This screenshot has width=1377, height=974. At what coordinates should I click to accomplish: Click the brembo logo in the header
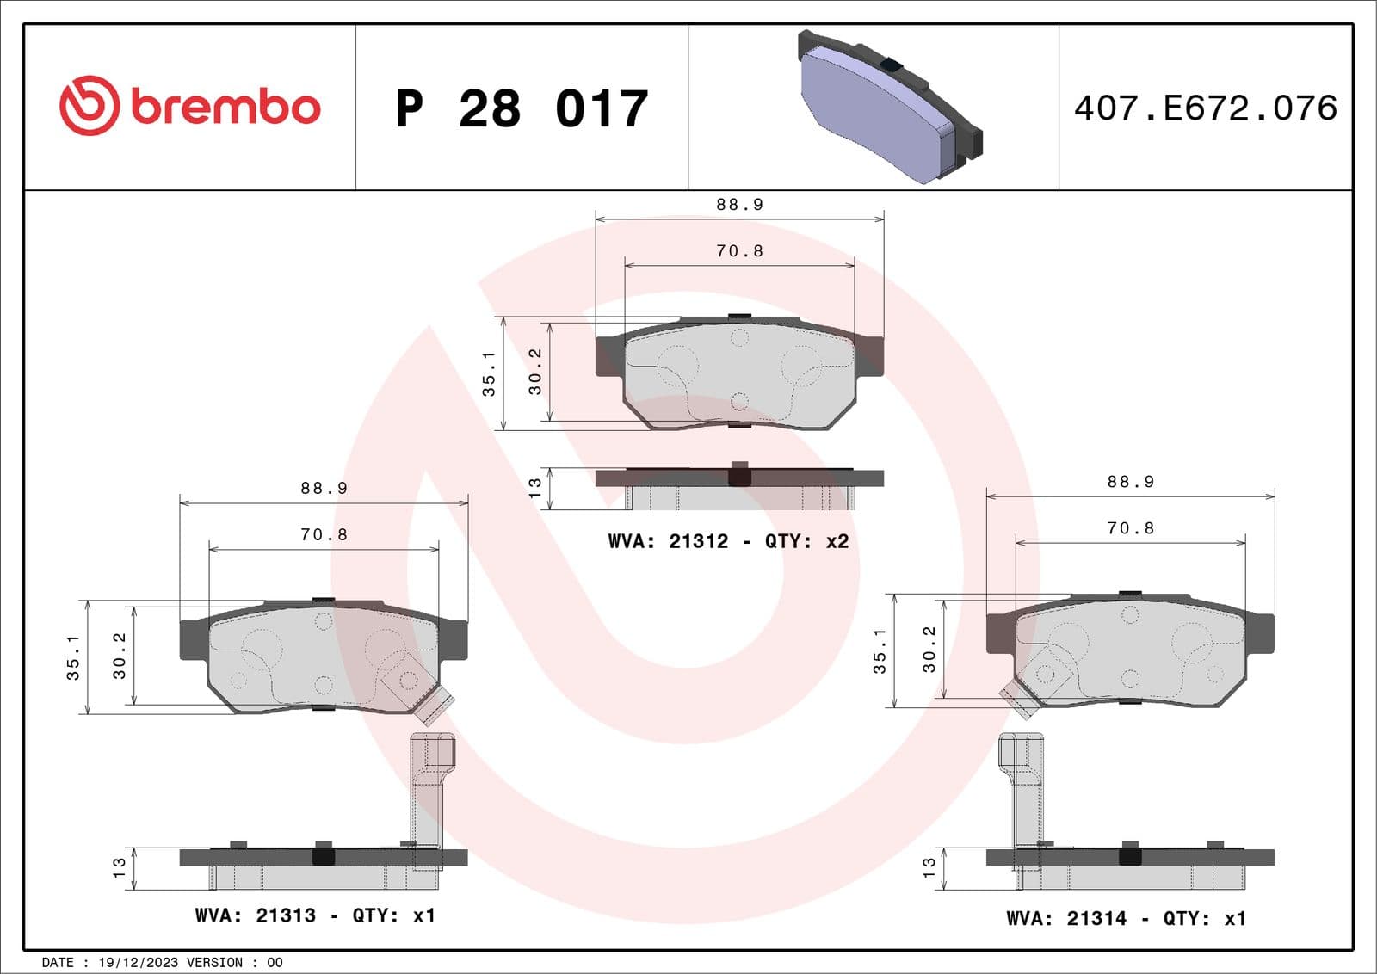(190, 106)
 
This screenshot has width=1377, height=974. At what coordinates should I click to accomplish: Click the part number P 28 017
(522, 109)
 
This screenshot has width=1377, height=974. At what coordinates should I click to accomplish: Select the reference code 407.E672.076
(1205, 108)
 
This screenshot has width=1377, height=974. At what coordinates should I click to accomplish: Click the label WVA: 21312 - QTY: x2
(728, 541)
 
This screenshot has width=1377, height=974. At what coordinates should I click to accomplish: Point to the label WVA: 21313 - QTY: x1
(315, 915)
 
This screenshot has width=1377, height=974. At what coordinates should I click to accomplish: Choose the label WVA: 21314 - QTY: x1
(1126, 918)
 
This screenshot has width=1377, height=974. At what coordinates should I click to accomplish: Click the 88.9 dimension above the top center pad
(739, 205)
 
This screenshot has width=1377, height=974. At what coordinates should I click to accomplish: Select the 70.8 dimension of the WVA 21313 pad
(324, 535)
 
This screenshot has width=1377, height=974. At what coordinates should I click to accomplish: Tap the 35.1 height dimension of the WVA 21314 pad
(880, 650)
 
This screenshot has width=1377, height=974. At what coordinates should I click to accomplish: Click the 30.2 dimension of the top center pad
(535, 372)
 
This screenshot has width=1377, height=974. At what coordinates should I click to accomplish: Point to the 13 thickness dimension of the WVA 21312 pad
(535, 488)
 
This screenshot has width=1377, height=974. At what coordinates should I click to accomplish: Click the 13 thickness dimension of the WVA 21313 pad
(120, 867)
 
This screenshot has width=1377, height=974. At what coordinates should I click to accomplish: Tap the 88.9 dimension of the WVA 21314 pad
(1130, 482)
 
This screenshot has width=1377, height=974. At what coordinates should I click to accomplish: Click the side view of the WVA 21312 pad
(739, 487)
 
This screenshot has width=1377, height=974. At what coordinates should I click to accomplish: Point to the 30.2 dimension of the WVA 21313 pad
(120, 656)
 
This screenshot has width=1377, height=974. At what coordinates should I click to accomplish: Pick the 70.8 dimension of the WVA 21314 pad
(1130, 528)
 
